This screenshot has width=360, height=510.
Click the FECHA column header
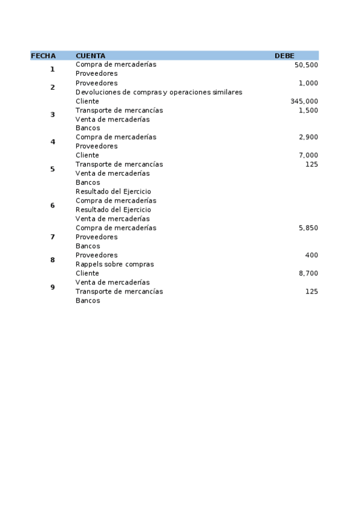coord(43,56)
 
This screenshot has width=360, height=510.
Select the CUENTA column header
coord(90,56)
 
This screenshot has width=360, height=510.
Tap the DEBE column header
coord(284,56)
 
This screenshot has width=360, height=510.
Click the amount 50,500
coord(307,64)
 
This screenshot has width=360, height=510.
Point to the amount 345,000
coord(304,101)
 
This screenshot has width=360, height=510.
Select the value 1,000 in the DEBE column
coord(308,83)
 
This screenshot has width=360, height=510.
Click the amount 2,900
coord(308,137)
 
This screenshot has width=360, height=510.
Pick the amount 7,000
coord(308,155)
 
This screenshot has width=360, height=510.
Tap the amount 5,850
coord(308,228)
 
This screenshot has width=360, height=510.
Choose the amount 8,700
coord(308,273)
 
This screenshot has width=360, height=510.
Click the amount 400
coord(311,255)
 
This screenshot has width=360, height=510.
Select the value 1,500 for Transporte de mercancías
coord(308,110)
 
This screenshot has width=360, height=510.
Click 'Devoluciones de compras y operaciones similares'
coord(159,92)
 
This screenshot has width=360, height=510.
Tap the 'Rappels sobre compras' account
coord(115,264)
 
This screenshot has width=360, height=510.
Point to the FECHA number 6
coord(52,206)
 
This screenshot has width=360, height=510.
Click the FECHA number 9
coord(52,287)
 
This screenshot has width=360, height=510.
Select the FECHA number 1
coord(52,69)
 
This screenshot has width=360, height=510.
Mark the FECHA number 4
coord(52,142)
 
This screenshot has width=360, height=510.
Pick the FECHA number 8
coord(52,260)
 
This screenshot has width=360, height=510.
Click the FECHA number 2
coord(52,87)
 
